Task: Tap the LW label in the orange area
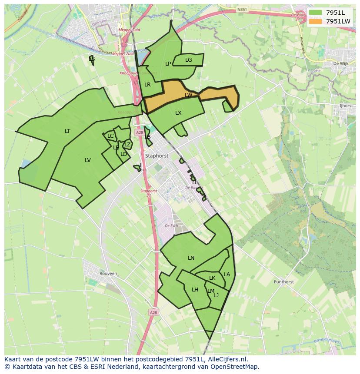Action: click(188, 95)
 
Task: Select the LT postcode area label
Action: click(67, 131)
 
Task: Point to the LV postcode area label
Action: click(88, 160)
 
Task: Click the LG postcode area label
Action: click(188, 60)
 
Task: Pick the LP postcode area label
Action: click(168, 64)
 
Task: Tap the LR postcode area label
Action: click(147, 85)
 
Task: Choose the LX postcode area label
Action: click(178, 113)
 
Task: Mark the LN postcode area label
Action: click(191, 258)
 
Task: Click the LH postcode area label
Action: click(195, 290)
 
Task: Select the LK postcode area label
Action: click(212, 278)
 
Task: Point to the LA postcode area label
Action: click(227, 275)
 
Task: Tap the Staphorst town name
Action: click(157, 155)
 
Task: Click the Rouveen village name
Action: click(108, 274)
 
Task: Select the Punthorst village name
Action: click(283, 282)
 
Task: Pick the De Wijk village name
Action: click(341, 63)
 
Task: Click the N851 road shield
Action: click(242, 9)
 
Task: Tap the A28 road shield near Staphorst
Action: click(139, 132)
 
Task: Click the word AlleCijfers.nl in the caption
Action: click(227, 360)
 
